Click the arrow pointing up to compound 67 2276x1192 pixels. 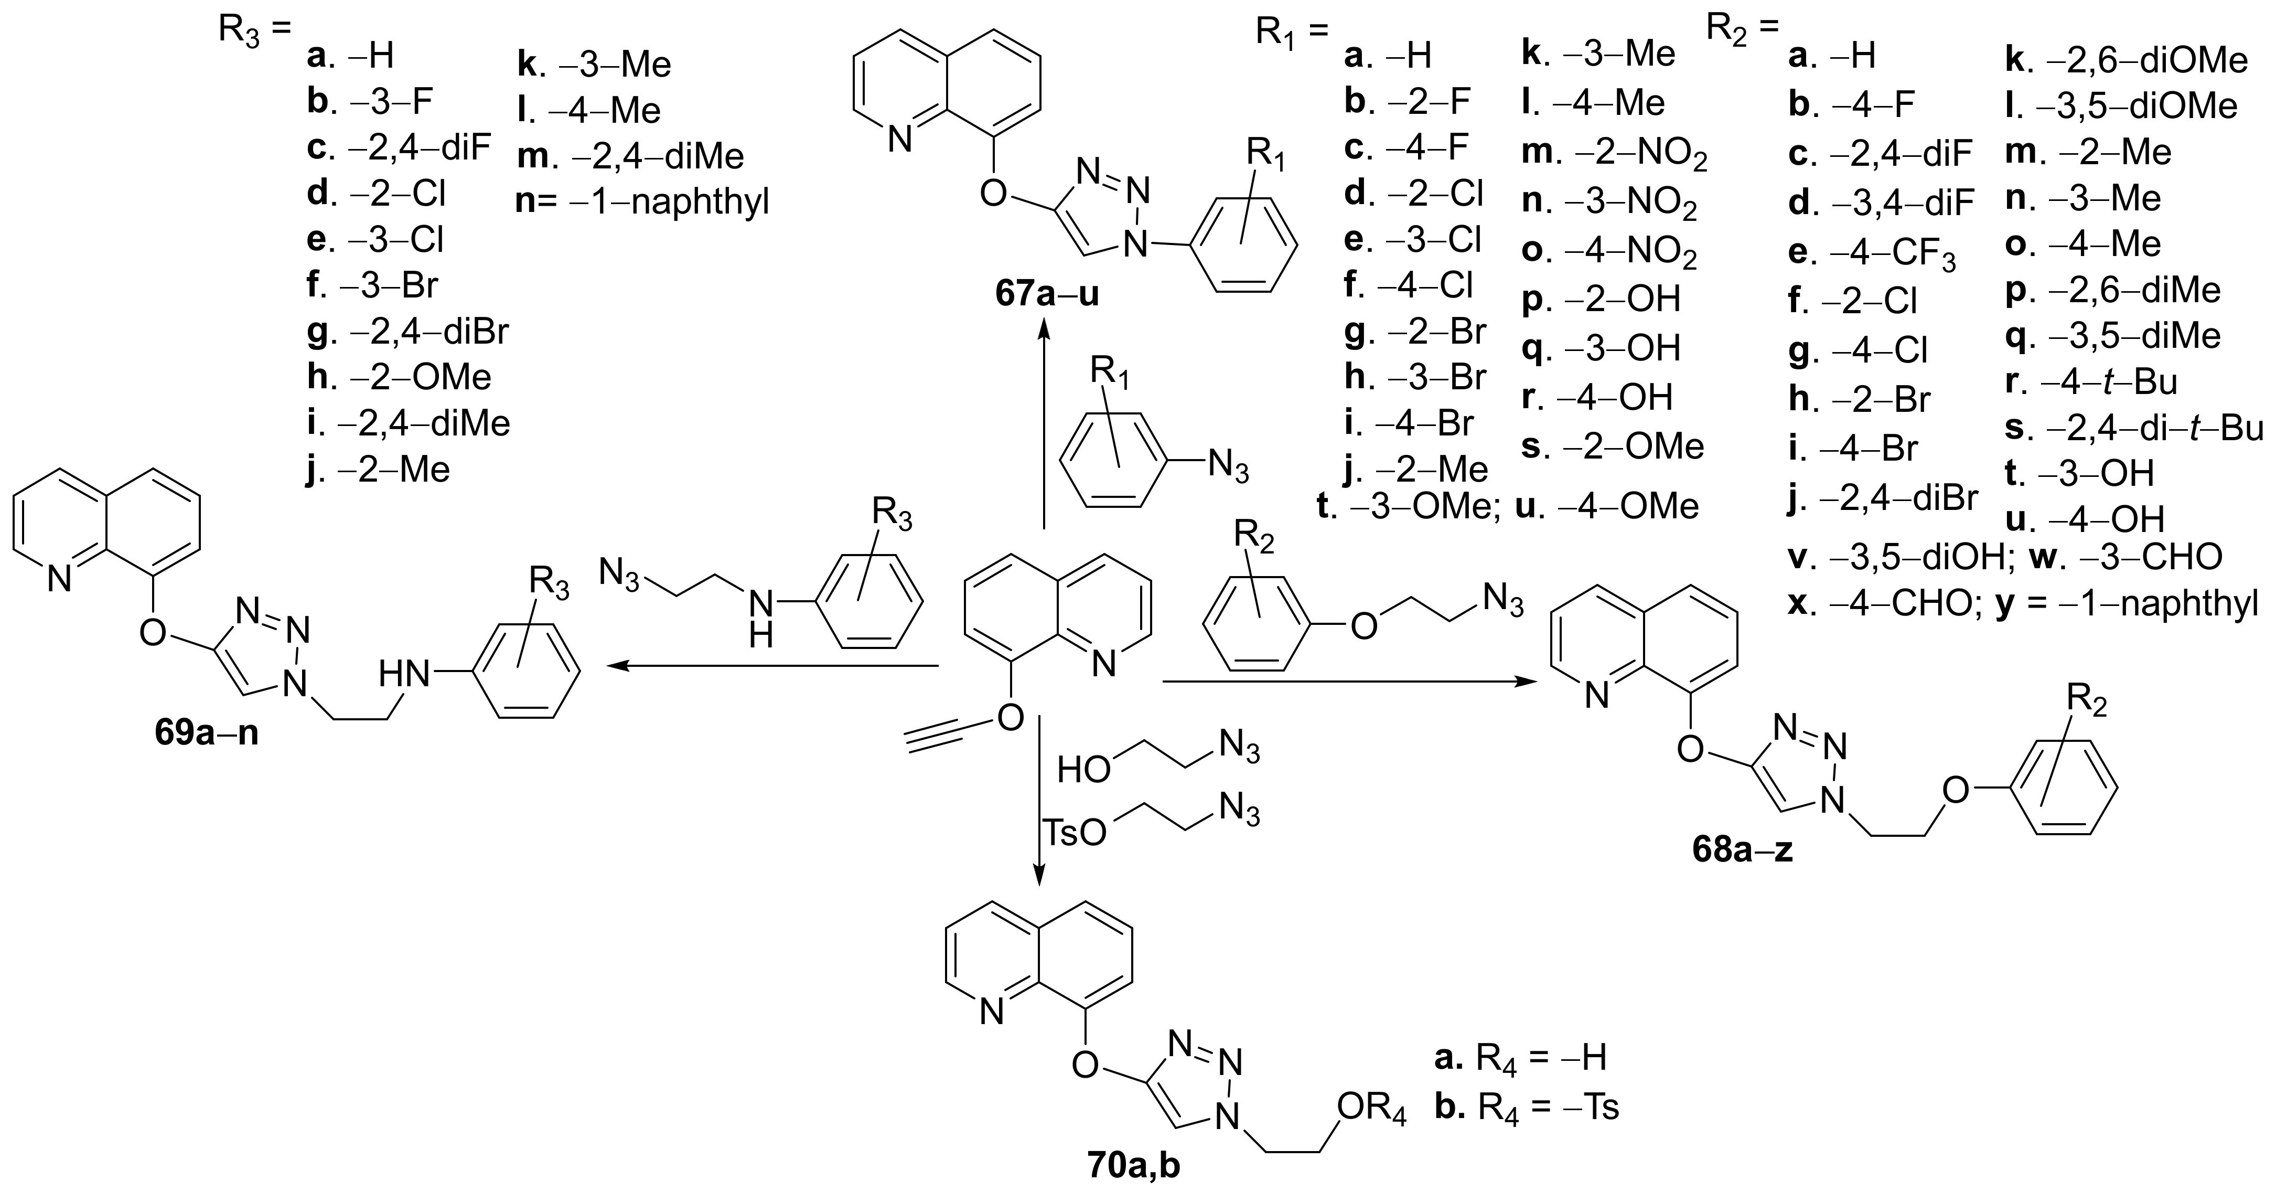(x=1044, y=424)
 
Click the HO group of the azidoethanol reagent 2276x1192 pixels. (x=1084, y=769)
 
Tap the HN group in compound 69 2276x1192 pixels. (x=404, y=675)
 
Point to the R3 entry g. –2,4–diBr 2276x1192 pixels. (x=407, y=332)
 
